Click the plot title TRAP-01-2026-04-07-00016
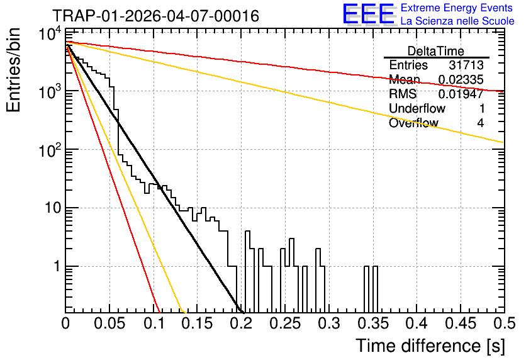[x=156, y=16]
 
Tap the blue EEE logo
[x=369, y=14]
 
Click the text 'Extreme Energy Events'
[x=457, y=8]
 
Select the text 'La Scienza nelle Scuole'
[x=457, y=21]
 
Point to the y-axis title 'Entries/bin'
[x=13, y=70]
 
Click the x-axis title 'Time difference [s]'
[x=430, y=346]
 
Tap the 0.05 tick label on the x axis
[x=109, y=323]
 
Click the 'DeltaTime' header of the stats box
[x=436, y=51]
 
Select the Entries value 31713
[x=466, y=65]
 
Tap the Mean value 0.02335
[x=461, y=79]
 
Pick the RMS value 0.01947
[x=461, y=94]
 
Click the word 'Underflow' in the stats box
[x=417, y=108]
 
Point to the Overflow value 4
[x=480, y=123]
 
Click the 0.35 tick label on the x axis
[x=373, y=323]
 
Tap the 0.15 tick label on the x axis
[x=198, y=323]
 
